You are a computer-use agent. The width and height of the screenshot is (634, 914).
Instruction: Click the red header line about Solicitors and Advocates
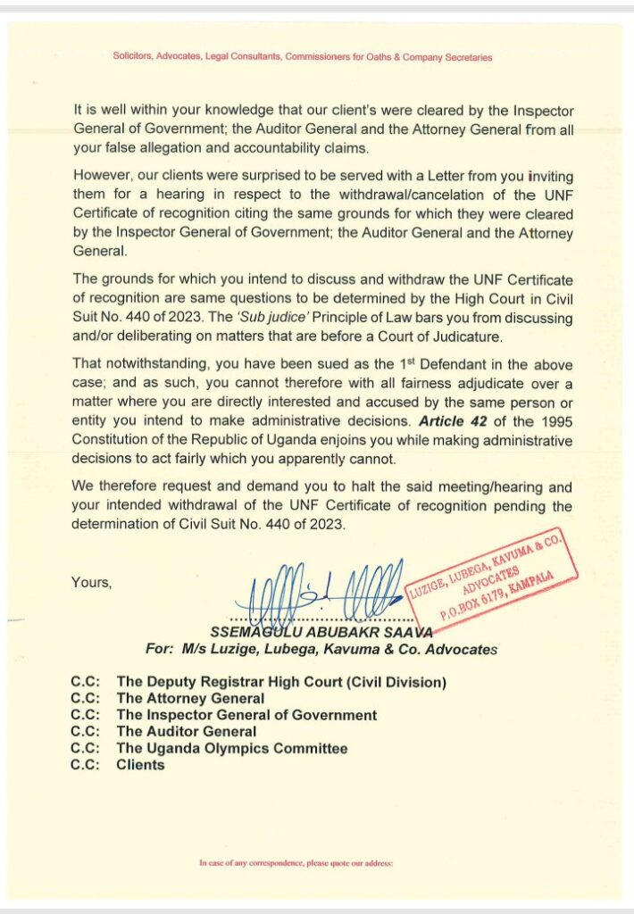click(302, 57)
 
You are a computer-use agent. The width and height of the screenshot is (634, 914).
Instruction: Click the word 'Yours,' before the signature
click(91, 583)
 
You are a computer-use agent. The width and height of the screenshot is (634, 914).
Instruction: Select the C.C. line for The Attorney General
click(190, 699)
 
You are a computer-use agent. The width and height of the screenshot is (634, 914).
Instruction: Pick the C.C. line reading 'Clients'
click(140, 764)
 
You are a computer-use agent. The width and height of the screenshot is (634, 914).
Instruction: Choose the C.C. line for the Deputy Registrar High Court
click(280, 683)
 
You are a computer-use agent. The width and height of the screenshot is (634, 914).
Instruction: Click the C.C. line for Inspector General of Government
click(246, 715)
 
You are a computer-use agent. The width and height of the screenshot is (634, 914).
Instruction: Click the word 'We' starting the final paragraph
click(83, 487)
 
